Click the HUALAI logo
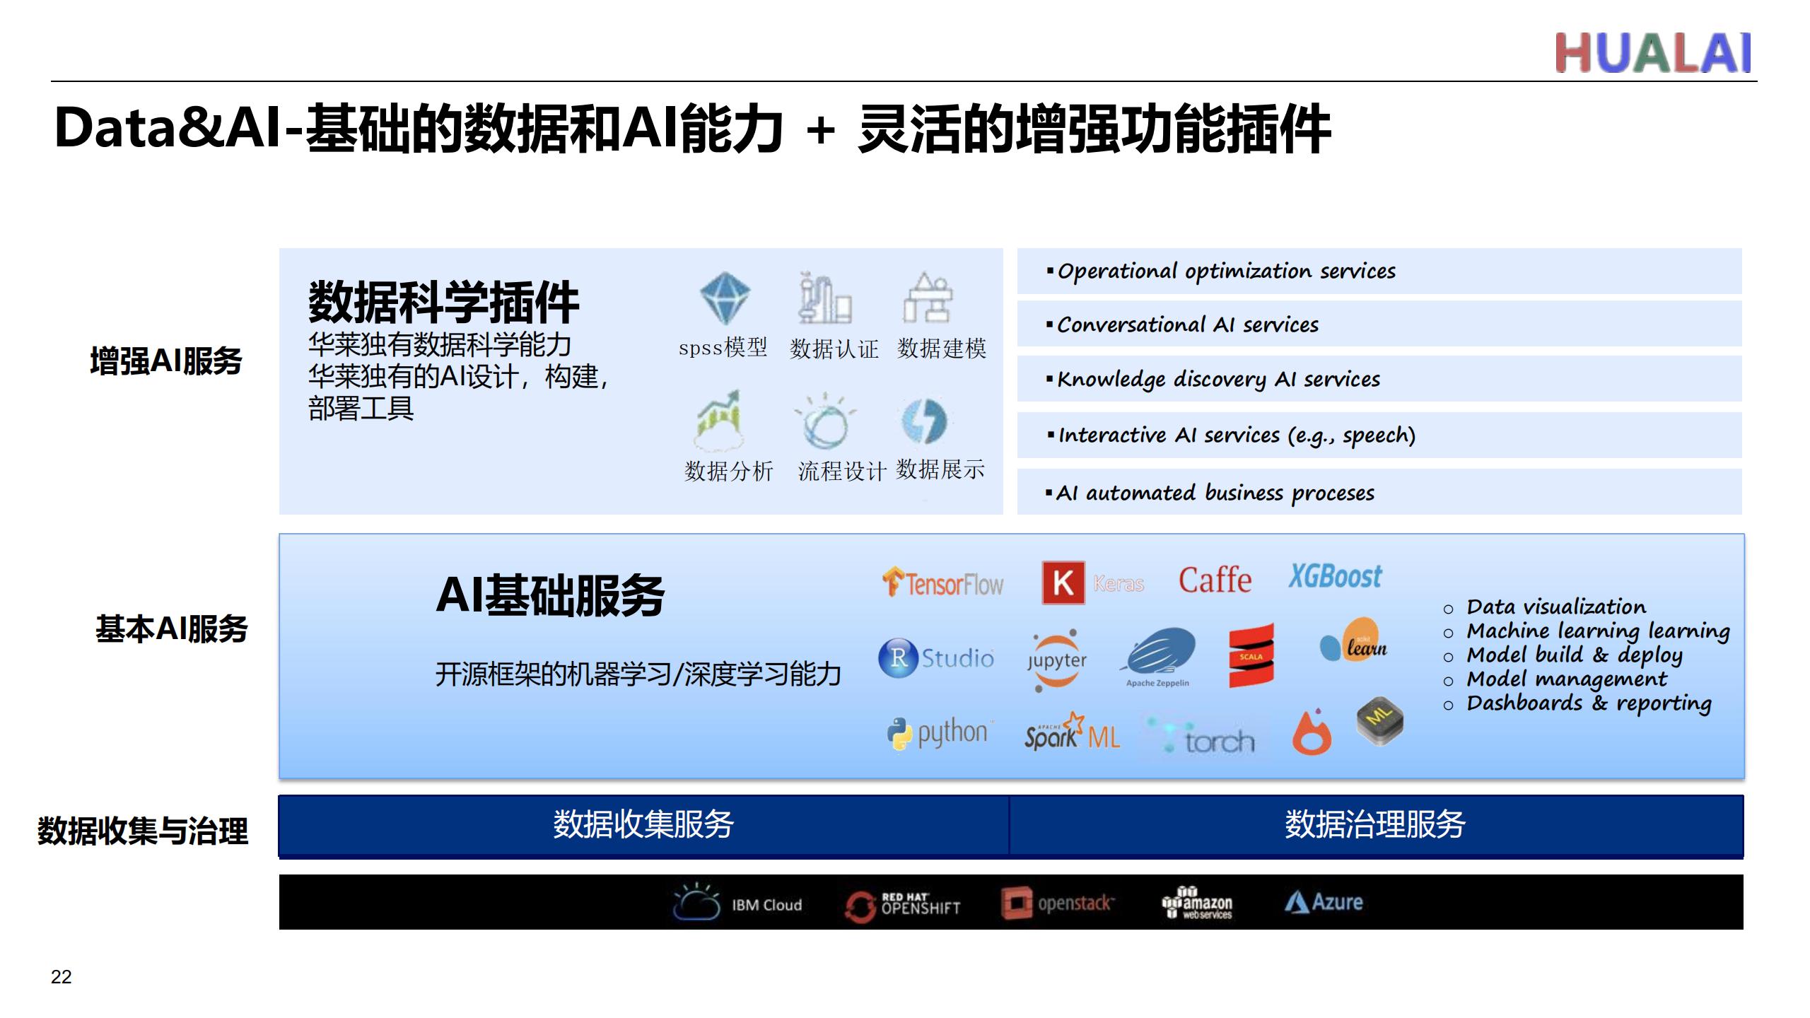point(1653,53)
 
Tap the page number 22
point(62,977)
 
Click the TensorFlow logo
point(942,583)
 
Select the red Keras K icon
point(1063,583)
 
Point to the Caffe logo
point(1215,580)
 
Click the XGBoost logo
point(1335,576)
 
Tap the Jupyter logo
point(1056,660)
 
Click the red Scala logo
point(1251,655)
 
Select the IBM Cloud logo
point(737,903)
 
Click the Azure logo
point(1324,902)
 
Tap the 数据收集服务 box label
point(643,824)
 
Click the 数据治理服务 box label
point(1375,824)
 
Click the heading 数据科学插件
point(443,302)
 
